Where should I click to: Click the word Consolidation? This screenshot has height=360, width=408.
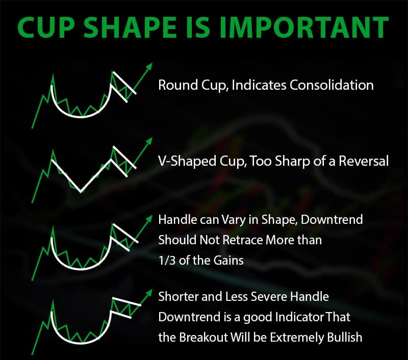click(331, 85)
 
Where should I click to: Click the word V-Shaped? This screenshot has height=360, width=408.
click(187, 161)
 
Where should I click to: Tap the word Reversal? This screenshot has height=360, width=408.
click(364, 161)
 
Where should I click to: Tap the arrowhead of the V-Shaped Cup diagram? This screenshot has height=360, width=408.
click(149, 141)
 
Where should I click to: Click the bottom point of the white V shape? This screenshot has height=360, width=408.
click(81, 192)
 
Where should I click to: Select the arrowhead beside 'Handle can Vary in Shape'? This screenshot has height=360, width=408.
click(149, 218)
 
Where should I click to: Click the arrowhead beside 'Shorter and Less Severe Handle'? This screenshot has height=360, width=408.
click(149, 293)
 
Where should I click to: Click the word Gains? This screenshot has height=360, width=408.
click(228, 260)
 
